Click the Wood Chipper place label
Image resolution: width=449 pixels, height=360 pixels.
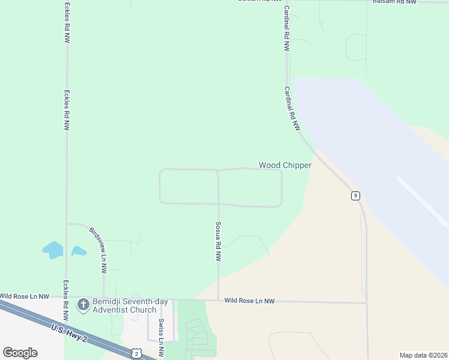tap(285, 165)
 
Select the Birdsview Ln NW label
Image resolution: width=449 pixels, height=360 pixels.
tap(99, 250)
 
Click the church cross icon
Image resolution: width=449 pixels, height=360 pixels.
tap(83, 305)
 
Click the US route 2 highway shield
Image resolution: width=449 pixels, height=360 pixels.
tap(136, 354)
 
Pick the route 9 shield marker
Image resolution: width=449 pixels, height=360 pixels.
tap(356, 196)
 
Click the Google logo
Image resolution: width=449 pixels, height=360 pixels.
tap(20, 353)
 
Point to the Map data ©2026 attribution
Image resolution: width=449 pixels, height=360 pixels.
tap(423, 355)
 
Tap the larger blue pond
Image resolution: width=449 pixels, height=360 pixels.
tap(53, 250)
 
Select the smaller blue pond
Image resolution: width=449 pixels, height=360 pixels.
tap(79, 251)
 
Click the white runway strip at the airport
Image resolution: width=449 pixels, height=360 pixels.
tap(423, 201)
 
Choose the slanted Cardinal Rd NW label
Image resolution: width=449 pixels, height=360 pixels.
tap(292, 109)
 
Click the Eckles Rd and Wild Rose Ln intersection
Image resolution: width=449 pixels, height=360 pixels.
tap(67, 296)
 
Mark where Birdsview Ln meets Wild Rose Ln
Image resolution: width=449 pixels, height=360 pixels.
tap(104, 297)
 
